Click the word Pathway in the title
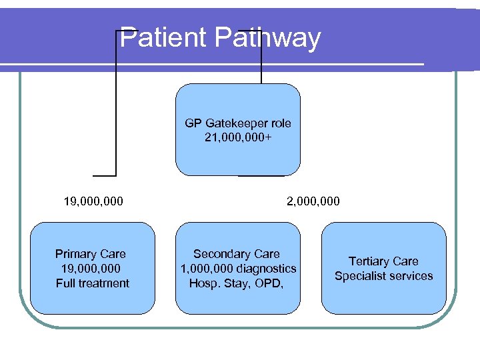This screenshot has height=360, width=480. (267, 39)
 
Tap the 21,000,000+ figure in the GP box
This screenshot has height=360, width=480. (238, 138)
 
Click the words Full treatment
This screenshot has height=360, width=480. (93, 283)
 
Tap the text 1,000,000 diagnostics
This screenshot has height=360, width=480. (238, 269)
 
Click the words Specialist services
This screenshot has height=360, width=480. (383, 276)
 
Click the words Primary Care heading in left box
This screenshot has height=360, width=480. (91, 254)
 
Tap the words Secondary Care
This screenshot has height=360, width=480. (237, 254)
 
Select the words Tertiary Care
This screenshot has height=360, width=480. (383, 261)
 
